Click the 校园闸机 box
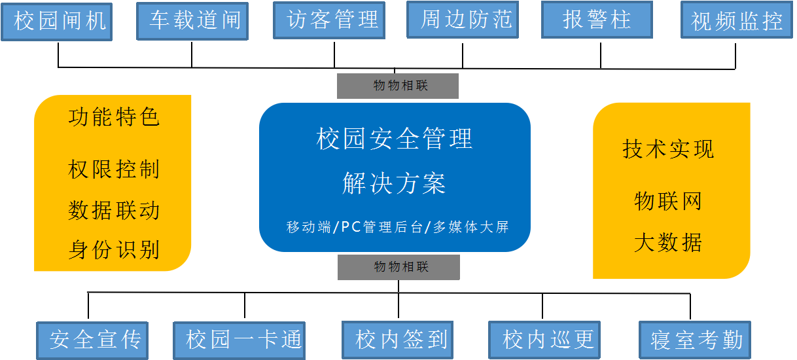click(56, 22)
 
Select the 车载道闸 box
click(192, 21)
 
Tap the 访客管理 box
click(329, 20)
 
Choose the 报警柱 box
click(597, 20)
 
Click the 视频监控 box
click(737, 21)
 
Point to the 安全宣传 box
click(93, 340)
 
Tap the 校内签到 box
click(400, 340)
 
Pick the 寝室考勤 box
click(694, 340)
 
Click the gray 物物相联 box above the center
click(398, 86)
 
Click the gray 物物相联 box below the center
click(398, 267)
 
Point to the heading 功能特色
click(114, 118)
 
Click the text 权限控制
click(114, 170)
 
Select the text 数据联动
click(114, 211)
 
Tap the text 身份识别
click(114, 250)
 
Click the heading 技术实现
click(668, 150)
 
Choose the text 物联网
click(668, 201)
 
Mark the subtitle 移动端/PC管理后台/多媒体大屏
click(397, 228)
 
